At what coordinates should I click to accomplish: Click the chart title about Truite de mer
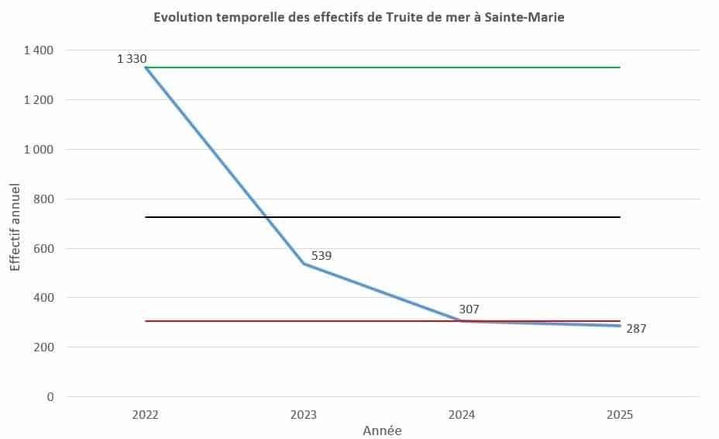pyautogui.click(x=359, y=18)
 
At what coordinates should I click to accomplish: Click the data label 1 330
pyautogui.click(x=132, y=58)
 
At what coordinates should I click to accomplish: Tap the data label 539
pyautogui.click(x=322, y=255)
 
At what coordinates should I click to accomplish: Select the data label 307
pyautogui.click(x=469, y=309)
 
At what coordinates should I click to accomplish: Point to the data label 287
pyautogui.click(x=635, y=329)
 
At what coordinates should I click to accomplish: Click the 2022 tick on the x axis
pyautogui.click(x=146, y=414)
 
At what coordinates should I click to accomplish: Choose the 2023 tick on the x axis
pyautogui.click(x=304, y=414)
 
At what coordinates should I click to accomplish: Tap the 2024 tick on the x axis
pyautogui.click(x=463, y=414)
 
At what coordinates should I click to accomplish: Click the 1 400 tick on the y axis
pyautogui.click(x=39, y=50)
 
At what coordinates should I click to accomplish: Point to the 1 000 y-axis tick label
pyautogui.click(x=39, y=150)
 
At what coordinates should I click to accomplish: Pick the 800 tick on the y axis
pyautogui.click(x=44, y=199)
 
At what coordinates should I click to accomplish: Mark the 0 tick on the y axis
pyautogui.click(x=51, y=397)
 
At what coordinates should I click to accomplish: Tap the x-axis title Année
pyautogui.click(x=383, y=430)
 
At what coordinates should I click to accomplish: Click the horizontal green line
pyautogui.click(x=387, y=67)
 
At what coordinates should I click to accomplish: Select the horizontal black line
pyautogui.click(x=387, y=217)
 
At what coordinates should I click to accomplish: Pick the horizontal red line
pyautogui.click(x=349, y=321)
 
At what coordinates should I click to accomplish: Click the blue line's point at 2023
pyautogui.click(x=304, y=264)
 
